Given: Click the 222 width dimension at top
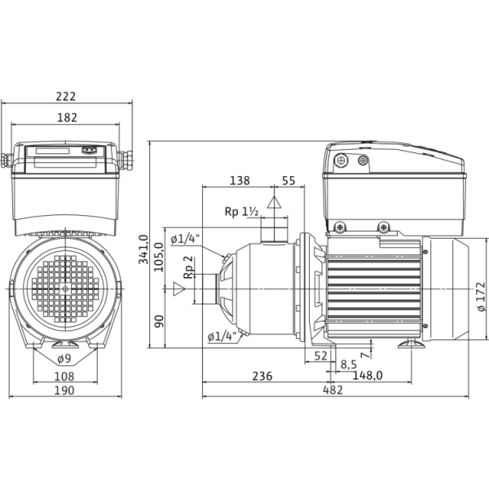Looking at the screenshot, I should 67,96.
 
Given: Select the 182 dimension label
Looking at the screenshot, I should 67,117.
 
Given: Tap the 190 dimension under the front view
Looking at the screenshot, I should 67,392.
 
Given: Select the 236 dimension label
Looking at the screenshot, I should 261,376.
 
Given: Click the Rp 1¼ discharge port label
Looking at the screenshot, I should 242,212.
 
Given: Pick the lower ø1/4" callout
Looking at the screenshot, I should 222,336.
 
